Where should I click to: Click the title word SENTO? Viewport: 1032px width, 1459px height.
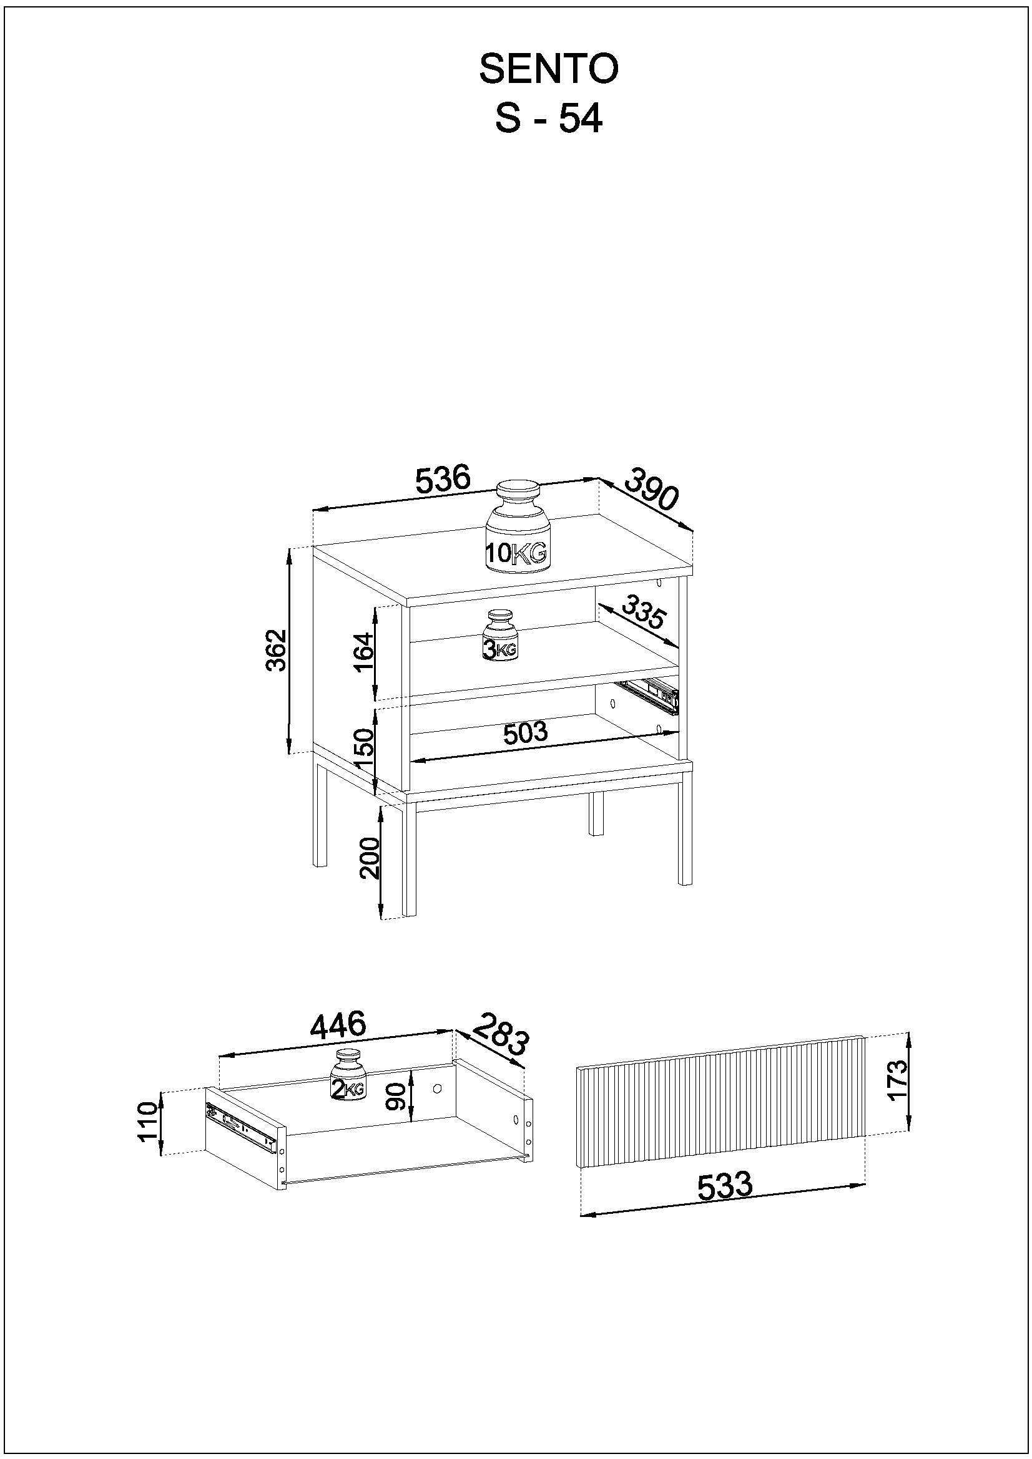click(548, 69)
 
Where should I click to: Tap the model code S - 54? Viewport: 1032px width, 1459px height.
click(548, 119)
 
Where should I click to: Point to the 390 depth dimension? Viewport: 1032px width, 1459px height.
click(652, 489)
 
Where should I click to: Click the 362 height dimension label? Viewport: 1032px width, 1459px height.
click(277, 650)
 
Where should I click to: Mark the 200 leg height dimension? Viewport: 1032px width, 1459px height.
click(369, 858)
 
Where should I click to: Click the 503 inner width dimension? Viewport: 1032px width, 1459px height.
click(524, 734)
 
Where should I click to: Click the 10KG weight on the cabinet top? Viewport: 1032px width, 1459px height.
click(518, 528)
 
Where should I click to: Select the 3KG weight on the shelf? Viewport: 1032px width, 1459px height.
click(501, 636)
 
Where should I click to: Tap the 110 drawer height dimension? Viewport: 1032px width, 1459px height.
click(147, 1122)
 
